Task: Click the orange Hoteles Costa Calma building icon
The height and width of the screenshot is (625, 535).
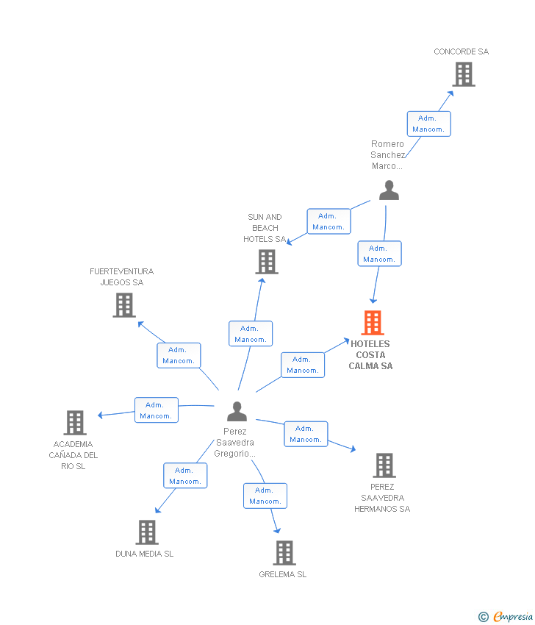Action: pyautogui.click(x=373, y=323)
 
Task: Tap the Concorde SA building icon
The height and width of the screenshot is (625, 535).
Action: pyautogui.click(x=463, y=74)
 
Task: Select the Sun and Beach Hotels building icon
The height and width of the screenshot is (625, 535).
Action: pyautogui.click(x=266, y=261)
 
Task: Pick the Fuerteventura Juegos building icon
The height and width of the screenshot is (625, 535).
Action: pyautogui.click(x=124, y=304)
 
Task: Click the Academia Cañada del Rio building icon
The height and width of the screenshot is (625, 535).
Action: pyautogui.click(x=75, y=423)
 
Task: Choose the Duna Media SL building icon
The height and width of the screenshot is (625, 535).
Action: pyautogui.click(x=147, y=532)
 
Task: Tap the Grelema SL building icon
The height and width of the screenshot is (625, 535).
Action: pyautogui.click(x=284, y=553)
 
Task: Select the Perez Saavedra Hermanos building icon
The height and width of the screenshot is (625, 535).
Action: pyautogui.click(x=384, y=465)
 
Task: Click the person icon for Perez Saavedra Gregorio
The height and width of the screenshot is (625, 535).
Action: pyautogui.click(x=237, y=412)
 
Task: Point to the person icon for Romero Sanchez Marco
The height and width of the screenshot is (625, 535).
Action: pyautogui.click(x=389, y=190)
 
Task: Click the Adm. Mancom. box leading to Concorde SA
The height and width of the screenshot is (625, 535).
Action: pyautogui.click(x=428, y=124)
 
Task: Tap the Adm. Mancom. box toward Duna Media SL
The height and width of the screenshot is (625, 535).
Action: pyautogui.click(x=185, y=476)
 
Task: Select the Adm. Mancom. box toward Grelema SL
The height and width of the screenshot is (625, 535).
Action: pyautogui.click(x=265, y=496)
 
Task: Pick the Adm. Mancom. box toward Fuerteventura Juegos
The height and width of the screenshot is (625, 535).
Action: pyautogui.click(x=179, y=355)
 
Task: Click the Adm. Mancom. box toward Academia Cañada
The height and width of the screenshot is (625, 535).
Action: pyautogui.click(x=156, y=410)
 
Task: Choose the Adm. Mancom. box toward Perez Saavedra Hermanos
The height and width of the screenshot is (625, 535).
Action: pyautogui.click(x=306, y=434)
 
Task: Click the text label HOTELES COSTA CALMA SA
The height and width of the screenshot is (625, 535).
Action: pyautogui.click(x=370, y=355)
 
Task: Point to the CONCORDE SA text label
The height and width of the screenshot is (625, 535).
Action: pyautogui.click(x=461, y=51)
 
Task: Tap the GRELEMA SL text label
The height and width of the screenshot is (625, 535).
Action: pyautogui.click(x=283, y=574)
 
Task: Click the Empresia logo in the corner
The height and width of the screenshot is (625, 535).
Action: pyautogui.click(x=506, y=616)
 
